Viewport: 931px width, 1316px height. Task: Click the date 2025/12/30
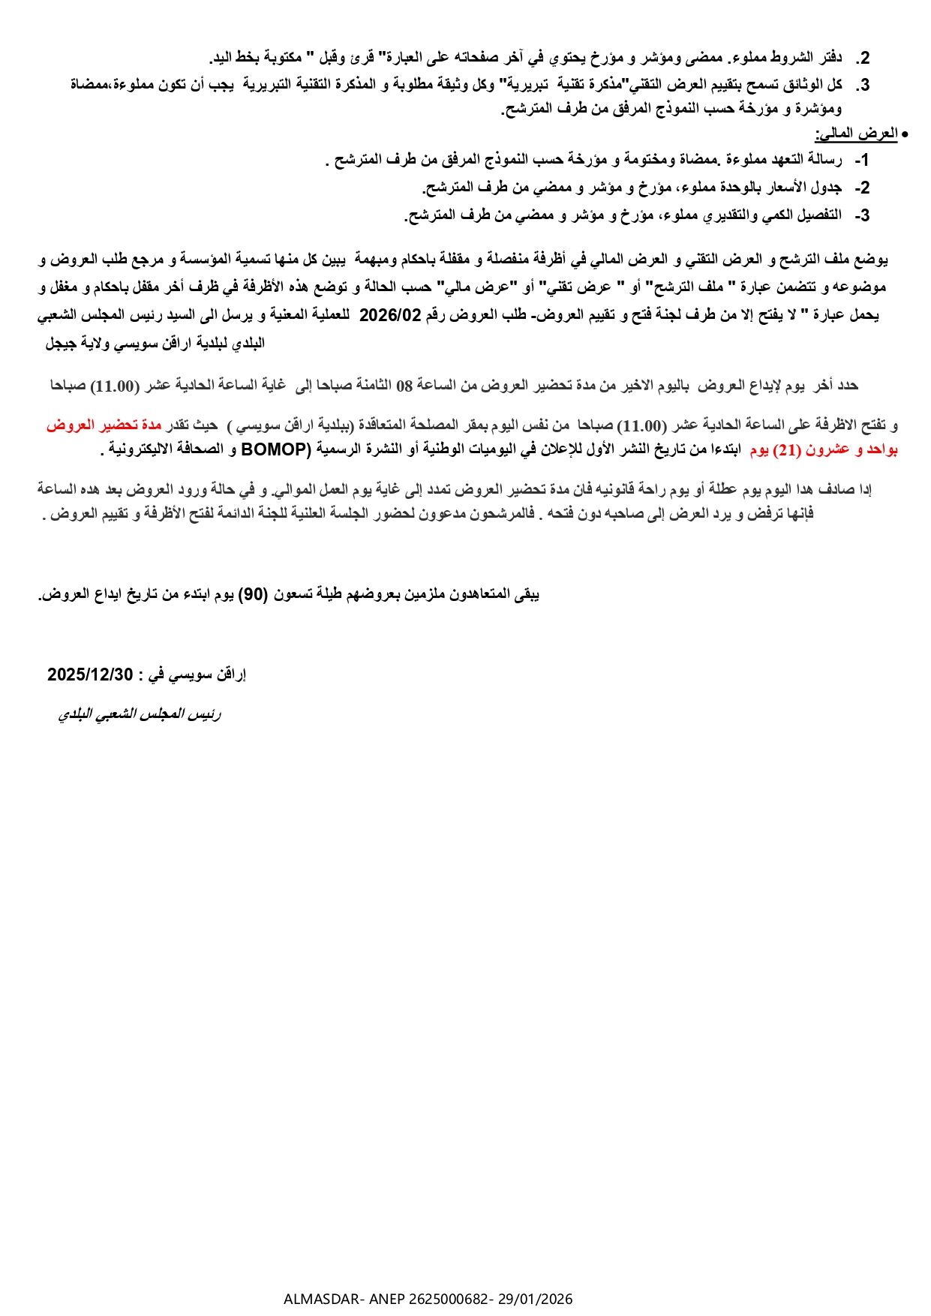point(89,675)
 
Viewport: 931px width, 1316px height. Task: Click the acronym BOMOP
point(275,450)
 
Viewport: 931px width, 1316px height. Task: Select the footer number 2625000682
point(449,1299)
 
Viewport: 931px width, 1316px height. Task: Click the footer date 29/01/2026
point(535,1299)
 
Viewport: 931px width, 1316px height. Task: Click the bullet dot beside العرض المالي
point(905,134)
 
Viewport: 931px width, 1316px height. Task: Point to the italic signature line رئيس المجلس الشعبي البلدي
point(140,714)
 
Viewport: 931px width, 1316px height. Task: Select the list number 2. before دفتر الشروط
point(863,58)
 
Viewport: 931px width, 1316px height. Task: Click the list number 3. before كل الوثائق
point(863,85)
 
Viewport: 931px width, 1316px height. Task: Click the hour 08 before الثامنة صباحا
point(404,386)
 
